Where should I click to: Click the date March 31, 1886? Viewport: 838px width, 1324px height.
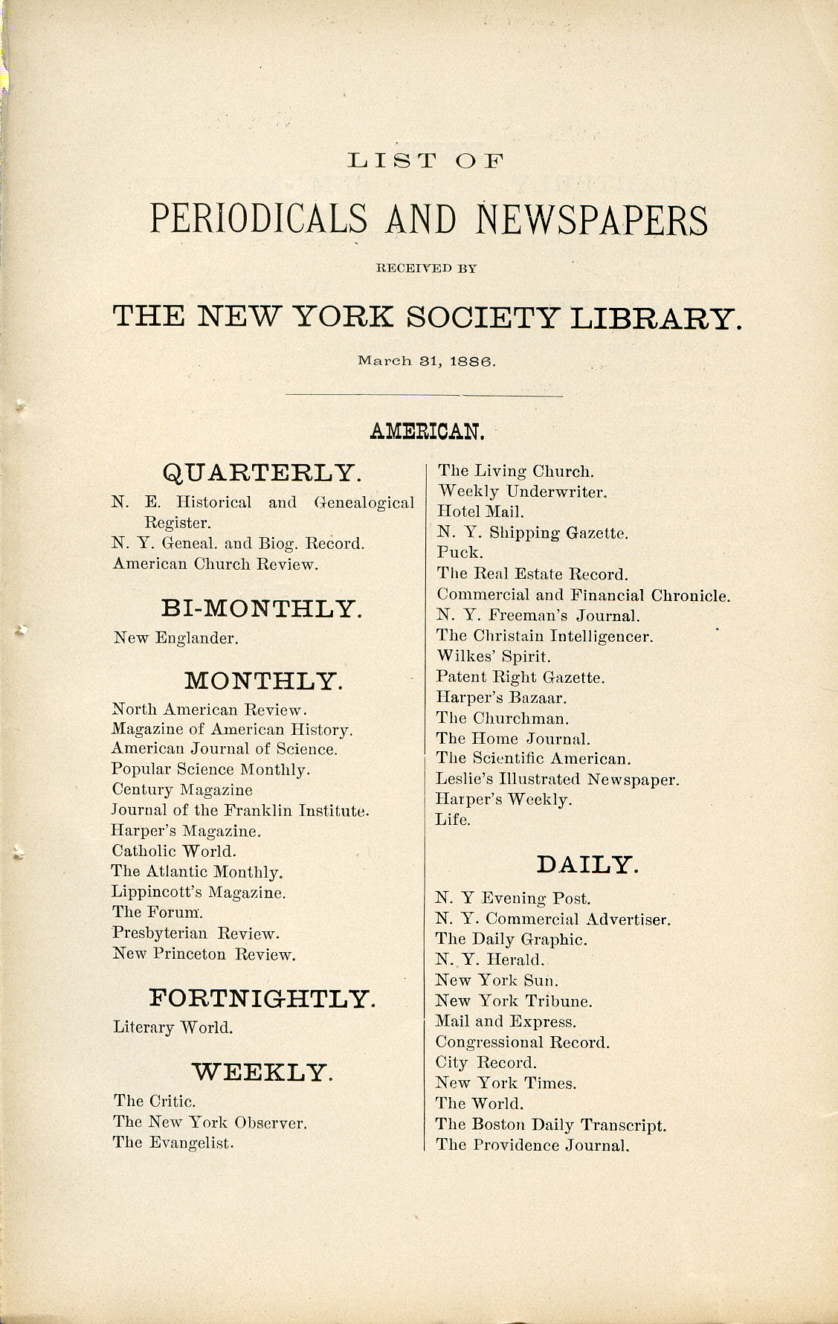426,361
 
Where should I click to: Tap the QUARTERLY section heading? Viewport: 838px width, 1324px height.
262,472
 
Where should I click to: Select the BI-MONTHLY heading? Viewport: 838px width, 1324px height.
262,608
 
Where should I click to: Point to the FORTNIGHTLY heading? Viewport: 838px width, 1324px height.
262,998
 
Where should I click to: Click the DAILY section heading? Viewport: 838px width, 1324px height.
587,864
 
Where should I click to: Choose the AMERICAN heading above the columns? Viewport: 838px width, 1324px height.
427,431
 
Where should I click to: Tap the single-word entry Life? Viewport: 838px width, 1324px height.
453,820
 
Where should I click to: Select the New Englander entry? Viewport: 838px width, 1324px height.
175,638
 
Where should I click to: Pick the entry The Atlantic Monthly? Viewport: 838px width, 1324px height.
197,872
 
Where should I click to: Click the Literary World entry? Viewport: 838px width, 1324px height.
173,1028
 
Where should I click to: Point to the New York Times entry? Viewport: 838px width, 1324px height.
506,1083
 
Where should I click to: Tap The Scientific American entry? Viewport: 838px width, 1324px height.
533,759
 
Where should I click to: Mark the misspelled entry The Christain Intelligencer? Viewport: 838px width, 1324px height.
544,637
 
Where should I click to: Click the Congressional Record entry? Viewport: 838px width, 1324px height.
522,1042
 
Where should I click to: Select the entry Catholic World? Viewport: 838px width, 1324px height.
173,851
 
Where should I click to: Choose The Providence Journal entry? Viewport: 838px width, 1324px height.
532,1145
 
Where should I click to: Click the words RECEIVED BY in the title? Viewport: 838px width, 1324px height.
426,268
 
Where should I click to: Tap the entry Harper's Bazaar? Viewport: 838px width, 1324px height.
501,698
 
